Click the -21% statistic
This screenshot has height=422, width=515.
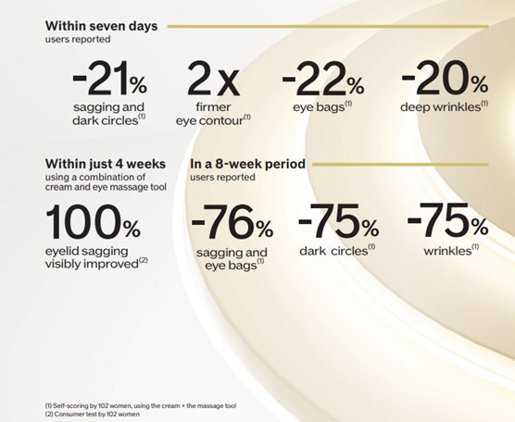(x=109, y=79)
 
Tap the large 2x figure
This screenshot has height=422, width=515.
(x=213, y=79)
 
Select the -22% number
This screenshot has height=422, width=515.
(x=323, y=79)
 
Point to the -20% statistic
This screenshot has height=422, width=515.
(x=445, y=78)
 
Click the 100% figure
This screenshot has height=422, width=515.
(x=93, y=221)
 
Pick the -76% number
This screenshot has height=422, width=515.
(x=232, y=221)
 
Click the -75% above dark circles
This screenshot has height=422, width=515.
(x=338, y=220)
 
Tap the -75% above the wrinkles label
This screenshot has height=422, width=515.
(x=447, y=220)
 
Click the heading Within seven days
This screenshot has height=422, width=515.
(x=101, y=26)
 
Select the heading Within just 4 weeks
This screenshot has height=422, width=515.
(x=106, y=164)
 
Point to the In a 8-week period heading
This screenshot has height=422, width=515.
(x=247, y=164)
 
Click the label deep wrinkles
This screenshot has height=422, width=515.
(x=444, y=106)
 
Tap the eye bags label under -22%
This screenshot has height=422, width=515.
(x=322, y=106)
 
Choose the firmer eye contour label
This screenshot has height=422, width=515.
(x=213, y=114)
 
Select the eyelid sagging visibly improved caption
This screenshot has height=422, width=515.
(x=96, y=257)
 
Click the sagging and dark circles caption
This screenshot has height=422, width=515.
(x=108, y=114)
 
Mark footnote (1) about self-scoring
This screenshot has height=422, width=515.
(x=141, y=406)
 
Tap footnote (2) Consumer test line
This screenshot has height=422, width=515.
(x=93, y=414)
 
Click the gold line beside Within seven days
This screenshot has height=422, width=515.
(x=328, y=27)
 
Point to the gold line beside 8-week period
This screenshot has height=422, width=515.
(x=400, y=165)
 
